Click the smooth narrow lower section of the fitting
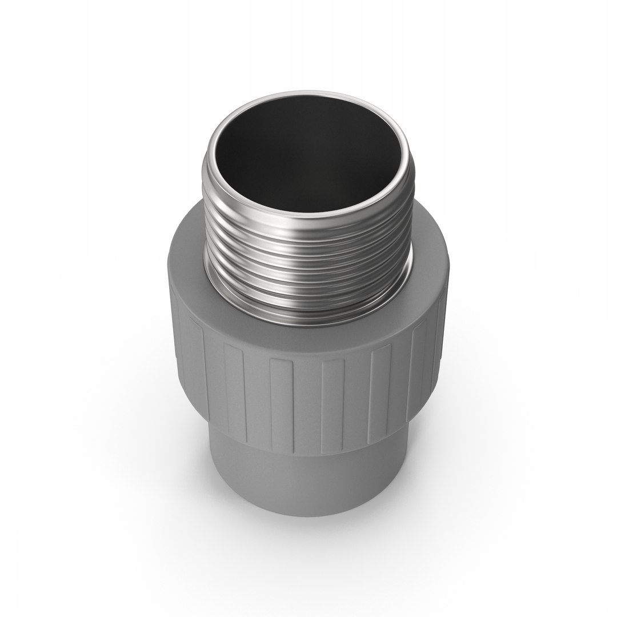point(308,480)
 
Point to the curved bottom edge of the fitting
point(308,514)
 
